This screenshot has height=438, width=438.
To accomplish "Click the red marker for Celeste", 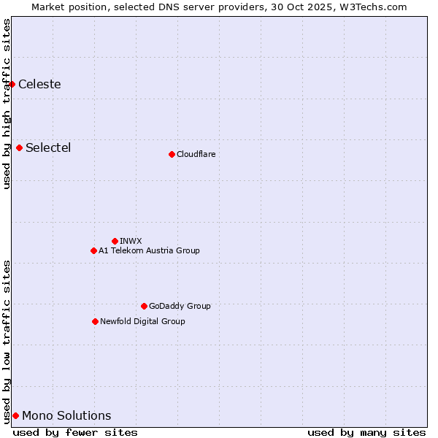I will point(12,84).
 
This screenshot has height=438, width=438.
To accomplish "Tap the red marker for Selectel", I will point(20,147).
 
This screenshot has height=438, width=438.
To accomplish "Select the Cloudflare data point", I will point(172,154).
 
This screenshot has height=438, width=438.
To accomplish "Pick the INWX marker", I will point(115,241).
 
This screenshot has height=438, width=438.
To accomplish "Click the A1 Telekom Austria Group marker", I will point(93,250).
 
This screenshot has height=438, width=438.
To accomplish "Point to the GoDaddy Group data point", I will point(144,306).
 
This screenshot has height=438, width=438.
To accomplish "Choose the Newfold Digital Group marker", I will point(95,321).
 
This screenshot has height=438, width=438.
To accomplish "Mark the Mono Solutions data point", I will point(15,415).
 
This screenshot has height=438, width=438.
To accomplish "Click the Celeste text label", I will point(39,84).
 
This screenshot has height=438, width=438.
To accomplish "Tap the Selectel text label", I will point(48,147).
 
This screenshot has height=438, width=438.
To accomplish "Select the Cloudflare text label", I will point(196,154).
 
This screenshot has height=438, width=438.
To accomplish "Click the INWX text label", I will point(131,241).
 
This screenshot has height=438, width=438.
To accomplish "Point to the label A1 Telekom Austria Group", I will point(149,250).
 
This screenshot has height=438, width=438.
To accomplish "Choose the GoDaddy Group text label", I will point(180,306).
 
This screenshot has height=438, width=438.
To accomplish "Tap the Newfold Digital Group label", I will point(142,321).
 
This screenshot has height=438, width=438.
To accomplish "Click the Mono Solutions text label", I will point(66,415).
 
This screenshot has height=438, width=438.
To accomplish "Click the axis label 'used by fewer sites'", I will point(75,432).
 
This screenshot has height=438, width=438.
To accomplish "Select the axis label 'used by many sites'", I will point(366,432).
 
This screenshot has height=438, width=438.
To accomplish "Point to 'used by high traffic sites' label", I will point(7,104).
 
